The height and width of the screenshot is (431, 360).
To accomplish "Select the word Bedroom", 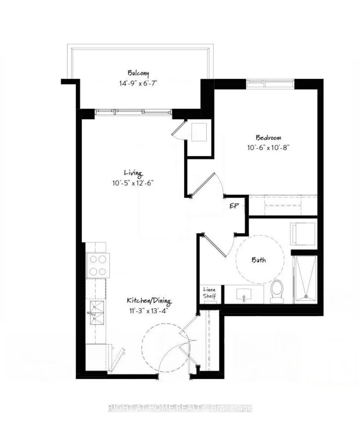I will pyautogui.click(x=268, y=137).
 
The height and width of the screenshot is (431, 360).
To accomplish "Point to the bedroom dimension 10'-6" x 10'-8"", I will pyautogui.click(x=268, y=147).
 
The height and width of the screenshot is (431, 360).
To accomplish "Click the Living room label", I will pyautogui.click(x=133, y=173).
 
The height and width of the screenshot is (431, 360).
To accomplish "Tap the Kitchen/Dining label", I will pyautogui.click(x=148, y=300).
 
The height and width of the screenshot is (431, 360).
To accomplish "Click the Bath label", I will pyautogui.click(x=259, y=260).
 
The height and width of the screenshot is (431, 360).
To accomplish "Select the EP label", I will pyautogui.click(x=234, y=206).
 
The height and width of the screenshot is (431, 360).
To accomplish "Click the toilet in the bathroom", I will pyautogui.click(x=277, y=291).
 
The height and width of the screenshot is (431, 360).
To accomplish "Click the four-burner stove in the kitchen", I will pyautogui.click(x=98, y=265).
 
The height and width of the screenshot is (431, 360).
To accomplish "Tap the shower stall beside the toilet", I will pyautogui.click(x=306, y=278).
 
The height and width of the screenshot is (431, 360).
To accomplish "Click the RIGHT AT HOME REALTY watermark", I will pyautogui.click(x=180, y=408).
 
